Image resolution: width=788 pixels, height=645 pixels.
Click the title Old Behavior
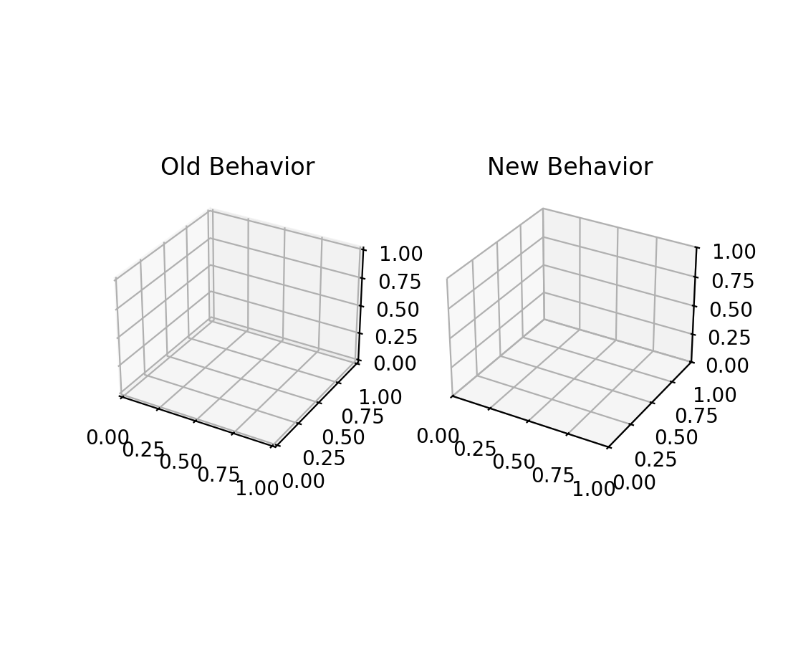click(237, 167)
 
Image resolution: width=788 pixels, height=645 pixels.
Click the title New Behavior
click(570, 167)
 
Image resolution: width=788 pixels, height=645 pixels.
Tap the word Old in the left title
click(178, 167)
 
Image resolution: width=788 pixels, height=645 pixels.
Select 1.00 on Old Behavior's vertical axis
click(400, 254)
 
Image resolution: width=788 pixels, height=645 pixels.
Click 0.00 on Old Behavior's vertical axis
click(396, 363)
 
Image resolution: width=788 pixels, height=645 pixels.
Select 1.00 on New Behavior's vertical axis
click(734, 252)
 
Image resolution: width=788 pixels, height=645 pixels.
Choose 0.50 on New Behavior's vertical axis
click(731, 310)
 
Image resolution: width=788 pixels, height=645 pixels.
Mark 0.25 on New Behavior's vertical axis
click(729, 338)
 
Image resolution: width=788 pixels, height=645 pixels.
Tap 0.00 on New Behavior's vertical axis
click(728, 365)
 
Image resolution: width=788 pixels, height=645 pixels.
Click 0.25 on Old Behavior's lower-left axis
click(143, 450)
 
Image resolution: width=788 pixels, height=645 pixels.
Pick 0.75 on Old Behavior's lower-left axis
click(218, 474)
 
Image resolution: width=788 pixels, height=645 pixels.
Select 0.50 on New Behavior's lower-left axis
click(514, 462)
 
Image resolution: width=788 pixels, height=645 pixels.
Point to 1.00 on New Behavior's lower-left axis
click(594, 489)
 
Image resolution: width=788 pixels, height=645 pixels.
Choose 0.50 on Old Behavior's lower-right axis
click(343, 438)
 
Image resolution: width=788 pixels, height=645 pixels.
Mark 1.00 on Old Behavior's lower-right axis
click(380, 396)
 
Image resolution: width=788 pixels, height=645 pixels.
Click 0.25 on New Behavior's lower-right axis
click(655, 459)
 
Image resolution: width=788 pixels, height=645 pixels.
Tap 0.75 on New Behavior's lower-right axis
click(696, 416)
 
